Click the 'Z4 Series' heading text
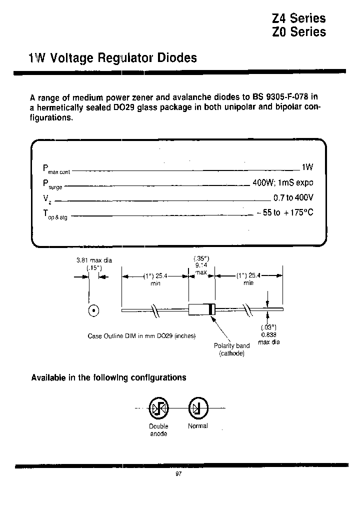pos(298,18)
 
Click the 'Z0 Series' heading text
pos(298,32)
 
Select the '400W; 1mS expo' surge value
pos(283,183)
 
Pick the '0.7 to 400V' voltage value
pos(293,197)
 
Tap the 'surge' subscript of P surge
pos(55,187)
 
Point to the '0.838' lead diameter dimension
pos(268,334)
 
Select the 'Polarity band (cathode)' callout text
pos(231,349)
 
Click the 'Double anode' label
pos(158,430)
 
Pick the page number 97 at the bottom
pos(178,474)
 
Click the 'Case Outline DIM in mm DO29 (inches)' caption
pos(141,336)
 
